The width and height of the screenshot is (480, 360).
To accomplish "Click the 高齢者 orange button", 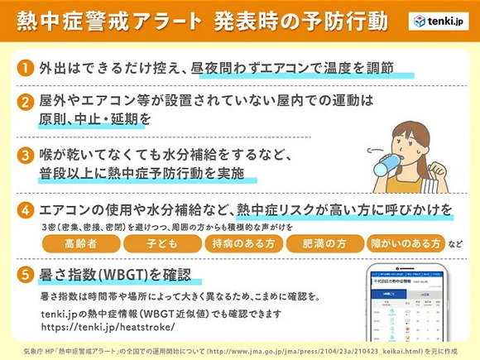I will click(79, 244).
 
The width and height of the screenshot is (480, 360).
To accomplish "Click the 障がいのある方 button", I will click(406, 244).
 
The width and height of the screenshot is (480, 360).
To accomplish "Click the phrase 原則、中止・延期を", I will click(95, 120).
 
